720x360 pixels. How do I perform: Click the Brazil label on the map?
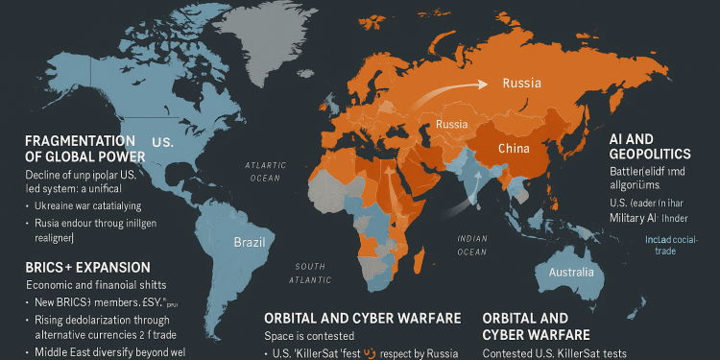tap(249, 242)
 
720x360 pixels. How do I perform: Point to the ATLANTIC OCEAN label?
tap(264, 171)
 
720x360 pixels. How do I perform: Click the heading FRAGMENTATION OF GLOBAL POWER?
tap(85, 148)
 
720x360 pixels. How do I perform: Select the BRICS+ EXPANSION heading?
tap(87, 266)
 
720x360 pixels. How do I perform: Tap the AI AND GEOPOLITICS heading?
tap(649, 145)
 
